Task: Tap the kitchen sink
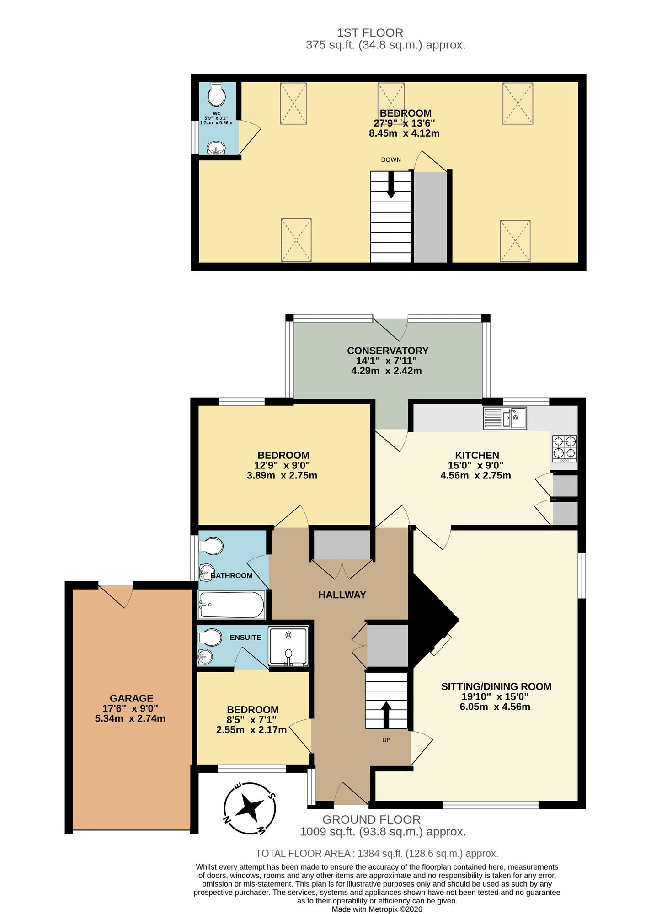[505, 418]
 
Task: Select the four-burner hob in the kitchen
[565, 448]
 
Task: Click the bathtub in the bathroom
[232, 605]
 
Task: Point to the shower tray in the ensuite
[288, 646]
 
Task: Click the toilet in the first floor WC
[216, 95]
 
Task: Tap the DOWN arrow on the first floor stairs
[391, 186]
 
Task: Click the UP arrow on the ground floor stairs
[386, 714]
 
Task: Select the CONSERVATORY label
[387, 351]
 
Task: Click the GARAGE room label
[131, 698]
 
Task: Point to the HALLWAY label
[342, 595]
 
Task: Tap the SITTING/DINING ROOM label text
[496, 686]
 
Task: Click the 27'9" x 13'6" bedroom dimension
[404, 123]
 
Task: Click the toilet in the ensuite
[210, 637]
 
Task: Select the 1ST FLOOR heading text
[370, 33]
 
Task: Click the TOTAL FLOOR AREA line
[377, 853]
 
